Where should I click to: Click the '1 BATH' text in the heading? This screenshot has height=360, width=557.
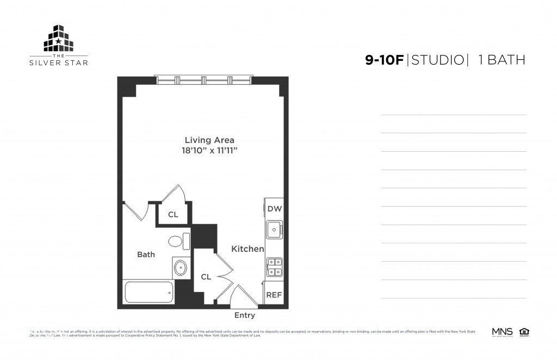(x=501, y=60)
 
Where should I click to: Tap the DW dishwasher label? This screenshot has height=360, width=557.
(x=274, y=208)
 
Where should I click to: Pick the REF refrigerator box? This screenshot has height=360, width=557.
(x=273, y=295)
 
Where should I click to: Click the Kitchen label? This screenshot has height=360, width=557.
(x=247, y=249)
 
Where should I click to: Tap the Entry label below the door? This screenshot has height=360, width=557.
(x=244, y=315)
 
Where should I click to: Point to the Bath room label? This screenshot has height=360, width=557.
(x=146, y=254)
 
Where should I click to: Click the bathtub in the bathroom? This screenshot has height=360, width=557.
(x=148, y=293)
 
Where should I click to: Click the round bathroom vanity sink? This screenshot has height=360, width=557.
(x=181, y=268)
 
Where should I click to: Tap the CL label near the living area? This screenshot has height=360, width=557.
(x=173, y=215)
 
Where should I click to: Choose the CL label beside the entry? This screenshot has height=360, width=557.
(x=206, y=277)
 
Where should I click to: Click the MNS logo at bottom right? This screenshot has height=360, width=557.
(x=502, y=331)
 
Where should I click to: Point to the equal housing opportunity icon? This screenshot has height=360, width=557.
(x=524, y=331)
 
